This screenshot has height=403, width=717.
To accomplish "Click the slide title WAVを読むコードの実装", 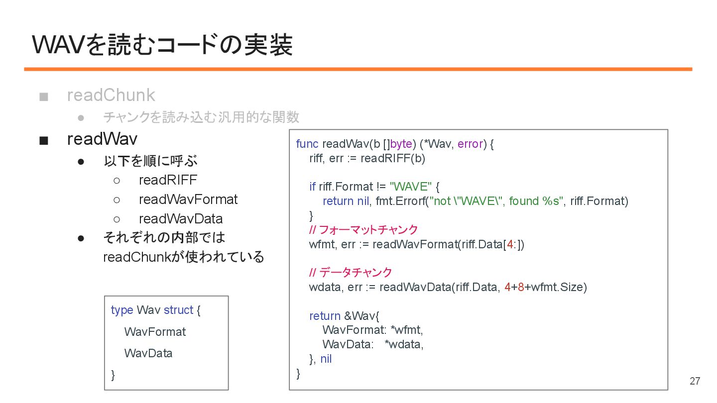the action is (162, 45).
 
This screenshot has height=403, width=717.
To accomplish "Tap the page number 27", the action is (695, 382).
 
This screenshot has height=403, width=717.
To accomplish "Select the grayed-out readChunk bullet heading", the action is (111, 95).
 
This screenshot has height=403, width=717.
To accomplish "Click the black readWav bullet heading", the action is (102, 139).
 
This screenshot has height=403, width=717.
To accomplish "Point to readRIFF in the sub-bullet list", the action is (168, 180).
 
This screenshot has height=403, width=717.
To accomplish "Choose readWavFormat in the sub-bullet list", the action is (188, 200).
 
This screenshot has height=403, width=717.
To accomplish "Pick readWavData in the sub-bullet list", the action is (180, 219).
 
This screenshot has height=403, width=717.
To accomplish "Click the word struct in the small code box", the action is (178, 310).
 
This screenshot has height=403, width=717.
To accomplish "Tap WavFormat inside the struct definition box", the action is (155, 332).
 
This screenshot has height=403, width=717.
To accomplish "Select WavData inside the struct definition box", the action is (148, 353).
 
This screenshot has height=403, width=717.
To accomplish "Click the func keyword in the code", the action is (307, 144).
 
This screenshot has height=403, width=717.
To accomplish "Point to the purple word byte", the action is (401, 144).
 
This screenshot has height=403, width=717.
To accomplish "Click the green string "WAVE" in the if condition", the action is (410, 187).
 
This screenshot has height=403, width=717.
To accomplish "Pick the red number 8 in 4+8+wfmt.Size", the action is (520, 287).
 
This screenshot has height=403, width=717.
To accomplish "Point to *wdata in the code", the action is (404, 344).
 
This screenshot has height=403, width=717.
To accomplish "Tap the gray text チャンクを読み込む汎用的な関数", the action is (201, 117).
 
